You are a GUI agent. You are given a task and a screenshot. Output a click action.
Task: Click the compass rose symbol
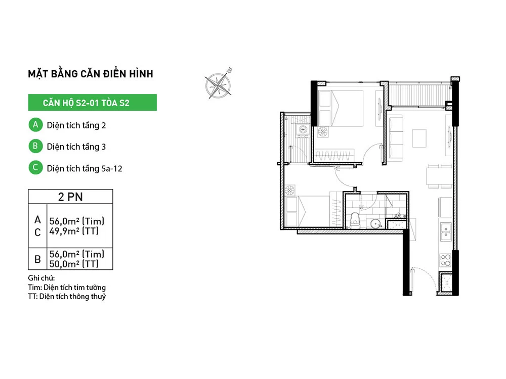(219, 84)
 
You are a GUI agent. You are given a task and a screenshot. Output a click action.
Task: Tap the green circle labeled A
(35, 125)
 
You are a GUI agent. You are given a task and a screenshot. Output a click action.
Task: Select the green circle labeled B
(35, 146)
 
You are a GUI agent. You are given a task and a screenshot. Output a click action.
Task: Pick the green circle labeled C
(35, 168)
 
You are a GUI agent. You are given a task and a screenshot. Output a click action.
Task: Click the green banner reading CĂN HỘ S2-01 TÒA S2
(92, 103)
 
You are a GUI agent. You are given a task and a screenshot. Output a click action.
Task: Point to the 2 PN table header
(70, 197)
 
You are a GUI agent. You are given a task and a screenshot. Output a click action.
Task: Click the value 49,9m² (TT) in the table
(74, 231)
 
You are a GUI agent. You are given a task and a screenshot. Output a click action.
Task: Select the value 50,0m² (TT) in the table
(74, 264)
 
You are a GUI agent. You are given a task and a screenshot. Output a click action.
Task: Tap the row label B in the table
(37, 259)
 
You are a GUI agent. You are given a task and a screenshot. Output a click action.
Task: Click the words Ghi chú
(41, 278)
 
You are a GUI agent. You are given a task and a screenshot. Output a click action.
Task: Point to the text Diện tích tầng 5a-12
(85, 168)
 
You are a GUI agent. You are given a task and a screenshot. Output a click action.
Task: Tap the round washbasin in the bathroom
(375, 223)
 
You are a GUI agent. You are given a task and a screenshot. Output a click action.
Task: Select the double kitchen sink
(446, 232)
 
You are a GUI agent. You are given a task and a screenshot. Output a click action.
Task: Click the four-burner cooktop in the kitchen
(446, 260)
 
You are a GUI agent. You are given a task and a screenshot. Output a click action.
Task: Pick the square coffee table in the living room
(419, 138)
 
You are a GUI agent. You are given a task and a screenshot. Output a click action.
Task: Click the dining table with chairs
(439, 176)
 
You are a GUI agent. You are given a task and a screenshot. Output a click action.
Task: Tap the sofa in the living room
(396, 138)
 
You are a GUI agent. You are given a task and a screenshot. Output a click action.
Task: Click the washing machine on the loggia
(303, 130)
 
